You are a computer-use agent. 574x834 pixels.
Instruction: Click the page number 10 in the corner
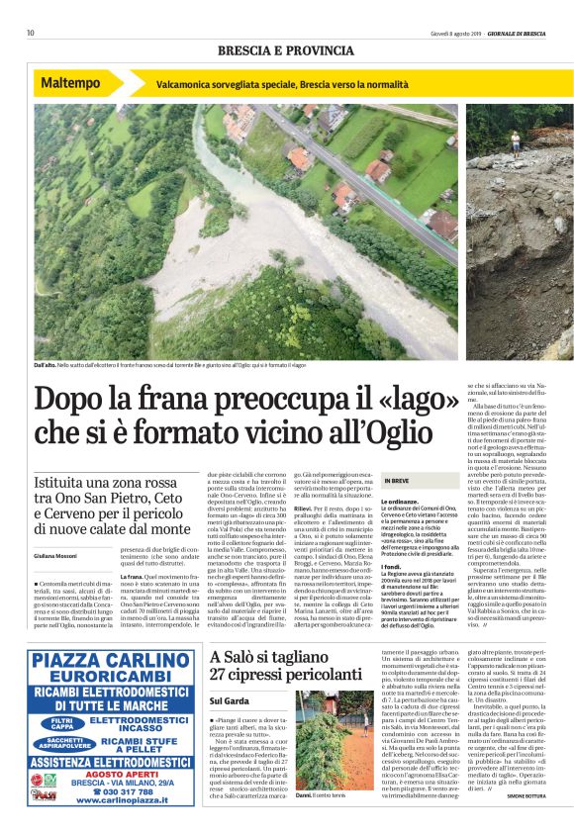coord(31,33)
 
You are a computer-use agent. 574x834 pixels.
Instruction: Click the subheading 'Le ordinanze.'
coord(400,503)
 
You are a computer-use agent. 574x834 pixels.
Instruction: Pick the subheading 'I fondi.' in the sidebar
coord(395,566)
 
